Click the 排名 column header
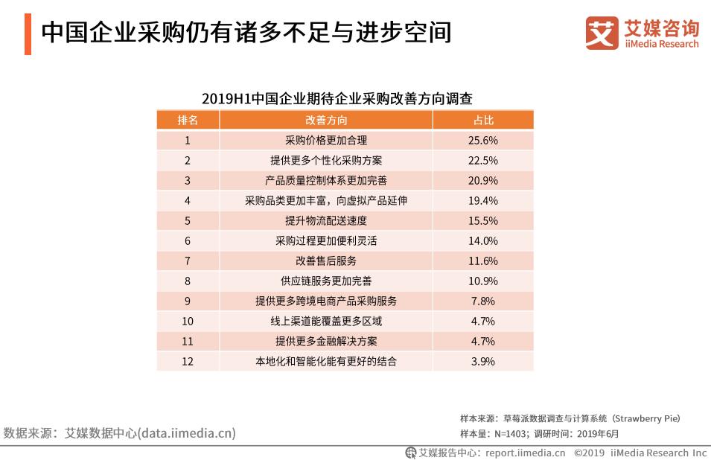pos(188,120)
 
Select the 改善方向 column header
pos(326,120)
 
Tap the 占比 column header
pos(483,120)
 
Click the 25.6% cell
pos(483,140)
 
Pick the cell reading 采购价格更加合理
pos(326,140)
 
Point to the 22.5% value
pos(483,160)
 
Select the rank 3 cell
pos(188,180)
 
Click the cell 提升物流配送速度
pos(326,220)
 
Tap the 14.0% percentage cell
pos(483,240)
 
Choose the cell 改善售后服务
pos(326,261)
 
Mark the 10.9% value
pos(483,281)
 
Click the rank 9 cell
pos(188,301)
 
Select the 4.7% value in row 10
pos(483,321)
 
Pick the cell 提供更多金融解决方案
pos(326,341)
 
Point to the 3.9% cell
pos(483,361)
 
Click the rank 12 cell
pos(188,361)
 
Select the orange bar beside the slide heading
pos(28,33)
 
